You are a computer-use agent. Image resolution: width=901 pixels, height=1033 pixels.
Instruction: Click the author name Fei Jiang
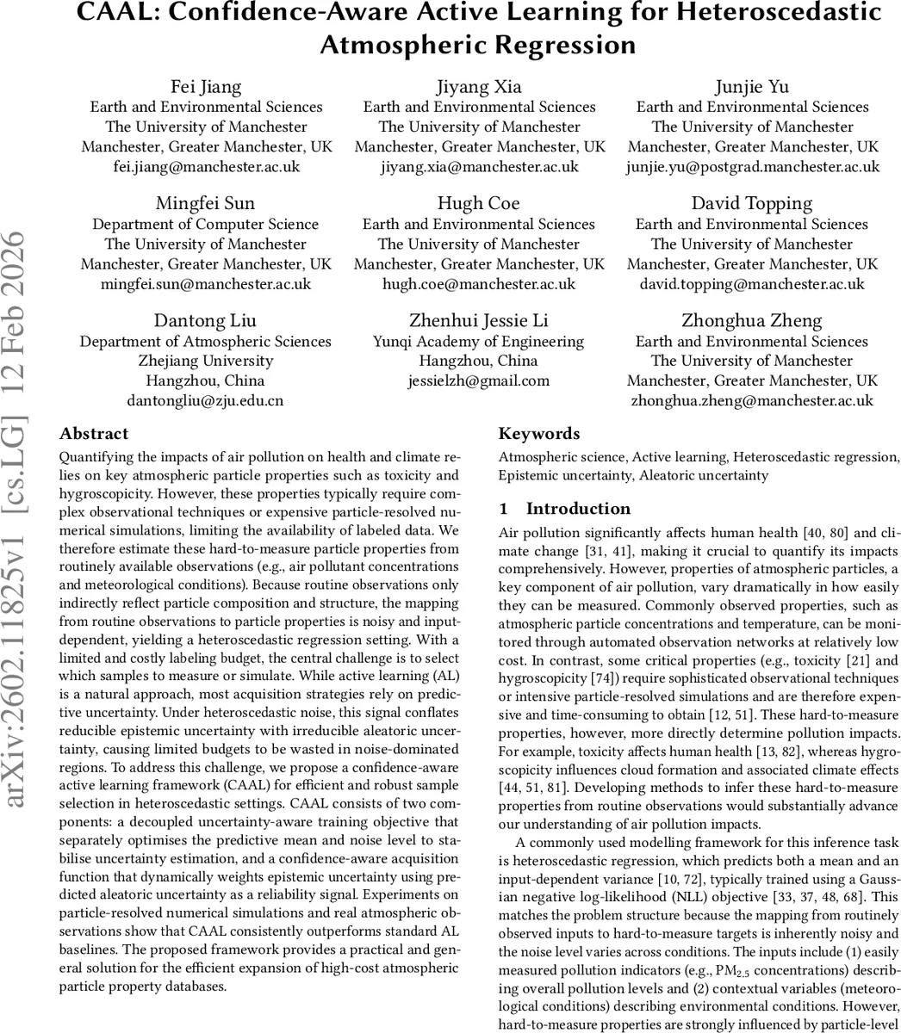pyautogui.click(x=206, y=87)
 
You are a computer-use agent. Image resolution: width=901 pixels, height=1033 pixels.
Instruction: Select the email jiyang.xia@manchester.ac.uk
pyautogui.click(x=479, y=167)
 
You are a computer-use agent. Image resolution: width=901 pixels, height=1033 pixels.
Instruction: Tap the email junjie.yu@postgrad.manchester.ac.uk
pyautogui.click(x=752, y=167)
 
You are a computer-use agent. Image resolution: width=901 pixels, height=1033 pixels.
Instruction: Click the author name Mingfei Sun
pyautogui.click(x=206, y=204)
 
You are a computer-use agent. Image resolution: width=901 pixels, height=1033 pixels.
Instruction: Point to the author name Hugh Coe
pyautogui.click(x=479, y=204)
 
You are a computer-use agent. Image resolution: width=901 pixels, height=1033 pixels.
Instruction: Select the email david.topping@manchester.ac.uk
pyautogui.click(x=752, y=283)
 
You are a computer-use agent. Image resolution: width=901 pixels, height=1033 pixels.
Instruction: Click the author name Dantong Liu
pyautogui.click(x=206, y=321)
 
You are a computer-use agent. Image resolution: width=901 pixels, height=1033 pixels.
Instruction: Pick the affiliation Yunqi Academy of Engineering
pyautogui.click(x=479, y=341)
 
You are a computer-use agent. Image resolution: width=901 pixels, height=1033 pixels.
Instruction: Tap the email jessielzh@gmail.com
pyautogui.click(x=479, y=380)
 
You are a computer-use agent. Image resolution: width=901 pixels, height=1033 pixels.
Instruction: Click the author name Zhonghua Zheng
pyautogui.click(x=752, y=321)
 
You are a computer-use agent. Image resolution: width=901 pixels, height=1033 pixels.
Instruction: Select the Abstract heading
pyautogui.click(x=94, y=434)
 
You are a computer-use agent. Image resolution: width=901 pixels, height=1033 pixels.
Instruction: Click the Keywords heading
pyautogui.click(x=539, y=434)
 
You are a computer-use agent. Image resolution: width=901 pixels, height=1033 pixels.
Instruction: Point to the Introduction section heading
pyautogui.click(x=578, y=508)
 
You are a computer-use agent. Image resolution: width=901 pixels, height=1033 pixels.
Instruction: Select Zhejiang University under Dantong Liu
pyautogui.click(x=206, y=361)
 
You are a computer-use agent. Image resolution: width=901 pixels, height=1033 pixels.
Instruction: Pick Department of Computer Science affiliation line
pyautogui.click(x=206, y=224)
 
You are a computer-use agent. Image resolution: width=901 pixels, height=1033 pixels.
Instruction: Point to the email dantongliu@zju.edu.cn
pyautogui.click(x=206, y=400)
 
